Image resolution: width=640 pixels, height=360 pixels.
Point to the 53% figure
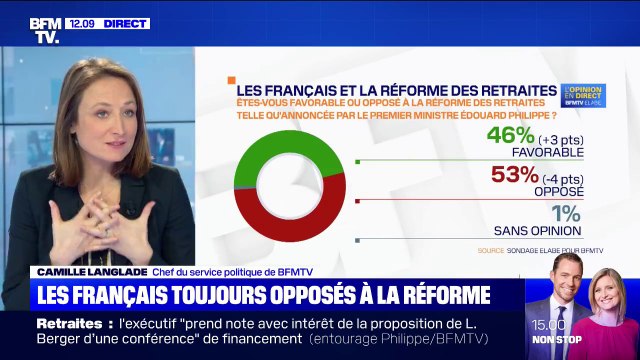click(x=509, y=177)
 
